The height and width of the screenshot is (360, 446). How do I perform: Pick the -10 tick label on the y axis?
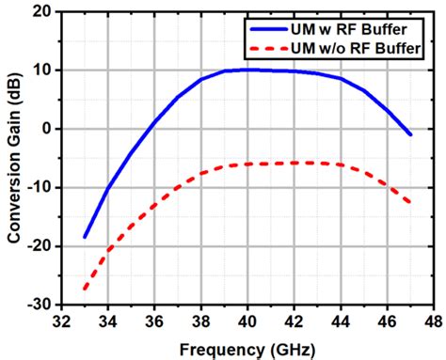(x=38, y=187)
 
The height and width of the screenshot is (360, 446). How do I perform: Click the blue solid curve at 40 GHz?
(x=246, y=70)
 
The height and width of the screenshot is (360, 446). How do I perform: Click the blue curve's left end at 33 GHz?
(x=85, y=237)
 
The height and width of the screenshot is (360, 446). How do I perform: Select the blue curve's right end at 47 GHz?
(x=410, y=134)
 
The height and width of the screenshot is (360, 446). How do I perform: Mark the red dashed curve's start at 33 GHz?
(x=85, y=288)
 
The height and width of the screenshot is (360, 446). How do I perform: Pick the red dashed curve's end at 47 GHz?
(x=410, y=203)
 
